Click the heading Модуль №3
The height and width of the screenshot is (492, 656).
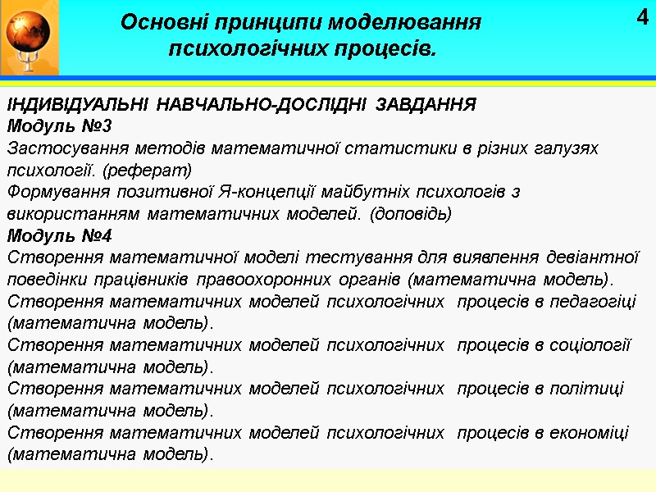[59, 127]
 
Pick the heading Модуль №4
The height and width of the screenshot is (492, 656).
[59, 236]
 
